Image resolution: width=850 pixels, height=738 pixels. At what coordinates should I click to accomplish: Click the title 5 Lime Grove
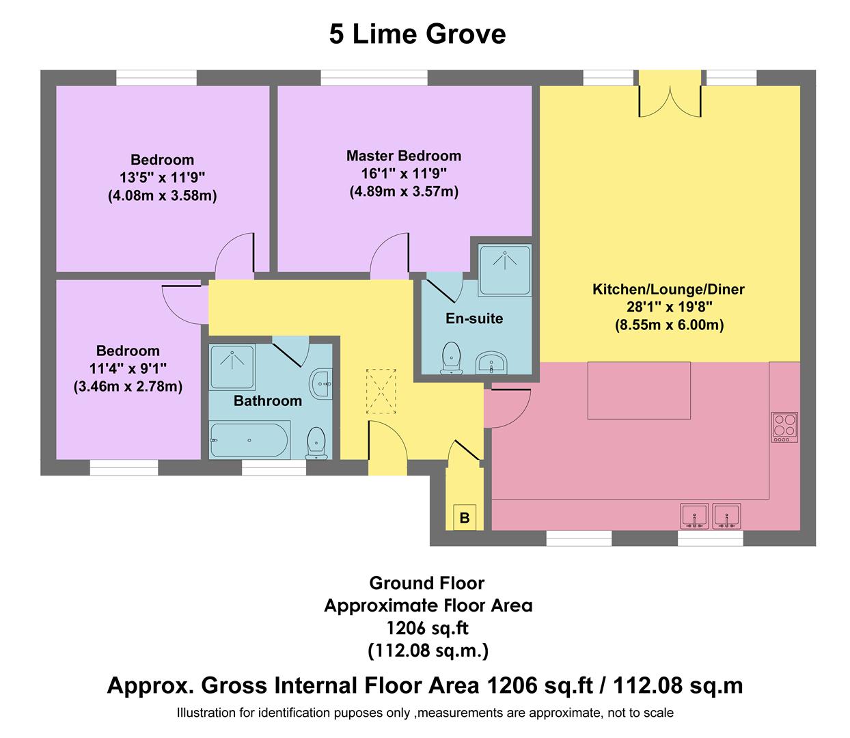417,34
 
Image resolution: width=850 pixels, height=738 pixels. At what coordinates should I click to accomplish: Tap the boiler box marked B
465,517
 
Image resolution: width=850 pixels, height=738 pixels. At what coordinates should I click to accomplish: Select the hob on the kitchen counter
784,426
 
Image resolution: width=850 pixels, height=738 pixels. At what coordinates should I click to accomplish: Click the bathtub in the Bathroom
249,441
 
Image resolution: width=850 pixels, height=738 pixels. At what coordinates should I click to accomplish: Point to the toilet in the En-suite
451,359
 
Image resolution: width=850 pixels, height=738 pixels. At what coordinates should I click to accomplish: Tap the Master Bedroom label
403,156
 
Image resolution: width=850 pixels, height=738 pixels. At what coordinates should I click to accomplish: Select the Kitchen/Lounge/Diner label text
668,289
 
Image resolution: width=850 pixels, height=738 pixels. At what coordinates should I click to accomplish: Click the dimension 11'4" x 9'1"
128,369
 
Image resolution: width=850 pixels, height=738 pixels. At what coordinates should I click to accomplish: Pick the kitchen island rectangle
638,390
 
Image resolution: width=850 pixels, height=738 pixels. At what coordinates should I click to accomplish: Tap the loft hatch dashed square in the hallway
381,391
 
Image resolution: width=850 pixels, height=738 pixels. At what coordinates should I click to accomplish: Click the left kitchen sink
695,515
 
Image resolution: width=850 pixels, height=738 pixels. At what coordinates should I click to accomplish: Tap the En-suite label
474,318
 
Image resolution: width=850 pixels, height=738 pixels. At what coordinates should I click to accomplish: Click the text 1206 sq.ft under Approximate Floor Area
428,627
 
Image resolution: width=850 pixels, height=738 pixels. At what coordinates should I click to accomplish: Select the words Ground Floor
427,583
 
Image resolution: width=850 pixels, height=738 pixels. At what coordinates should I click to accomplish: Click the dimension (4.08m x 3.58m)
162,196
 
